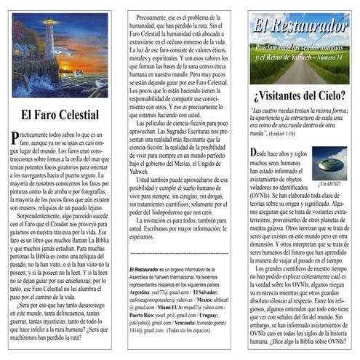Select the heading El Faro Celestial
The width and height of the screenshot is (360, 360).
[60, 114]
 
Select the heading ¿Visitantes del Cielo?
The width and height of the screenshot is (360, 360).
[299, 95]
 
